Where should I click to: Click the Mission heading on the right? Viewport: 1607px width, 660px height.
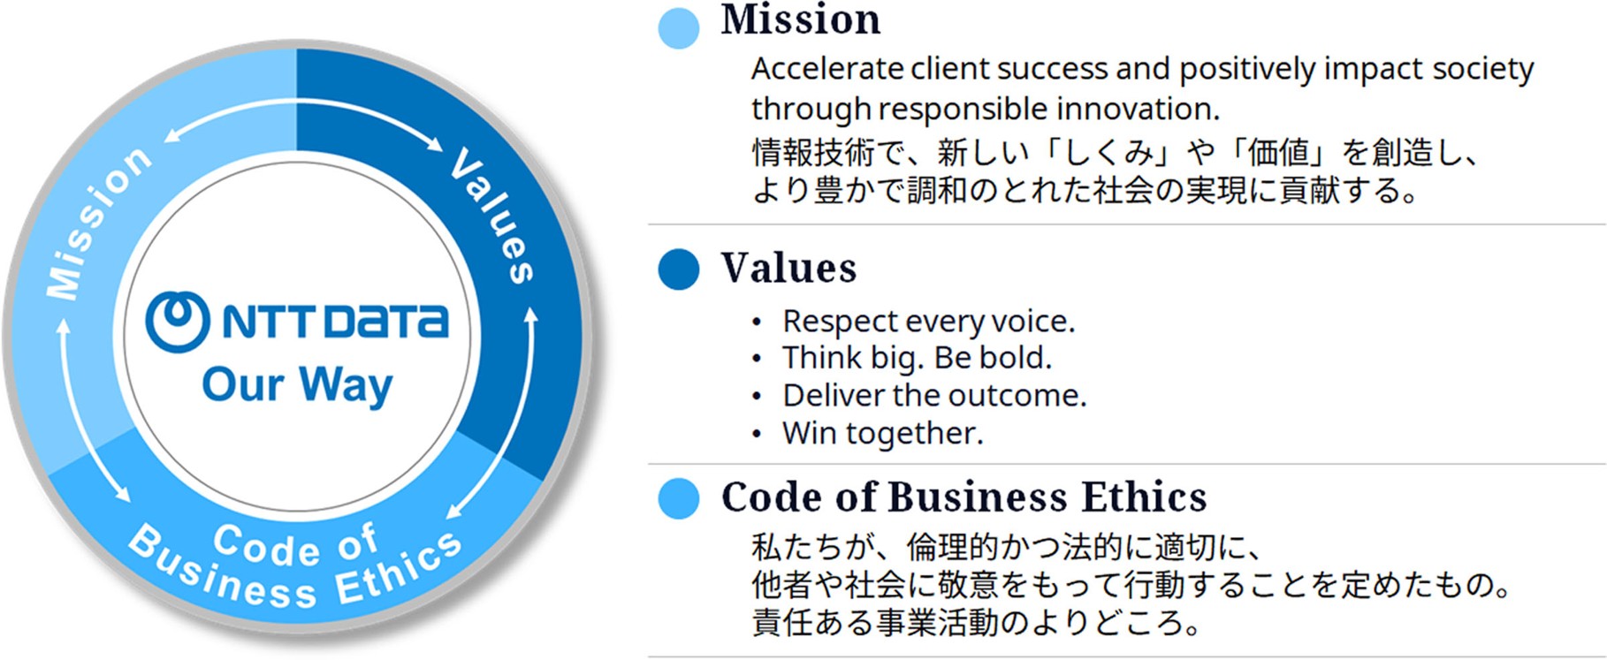800,19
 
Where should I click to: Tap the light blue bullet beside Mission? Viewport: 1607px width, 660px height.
679,28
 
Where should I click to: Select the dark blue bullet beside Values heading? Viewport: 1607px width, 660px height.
679,269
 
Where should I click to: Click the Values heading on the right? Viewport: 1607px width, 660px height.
788,269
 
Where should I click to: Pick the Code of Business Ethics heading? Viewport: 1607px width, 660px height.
963,497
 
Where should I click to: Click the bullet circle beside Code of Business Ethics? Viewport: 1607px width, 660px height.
679,499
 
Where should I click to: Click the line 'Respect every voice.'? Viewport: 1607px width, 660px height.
928,322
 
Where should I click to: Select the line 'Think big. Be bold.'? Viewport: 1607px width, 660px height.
917,359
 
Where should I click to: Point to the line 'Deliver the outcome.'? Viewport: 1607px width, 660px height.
934,396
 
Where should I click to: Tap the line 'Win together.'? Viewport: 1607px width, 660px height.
882,434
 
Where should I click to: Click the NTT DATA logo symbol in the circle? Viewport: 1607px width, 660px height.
178,321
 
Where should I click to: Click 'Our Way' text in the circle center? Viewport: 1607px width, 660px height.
297,386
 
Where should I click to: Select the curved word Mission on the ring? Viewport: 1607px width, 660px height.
97,223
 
